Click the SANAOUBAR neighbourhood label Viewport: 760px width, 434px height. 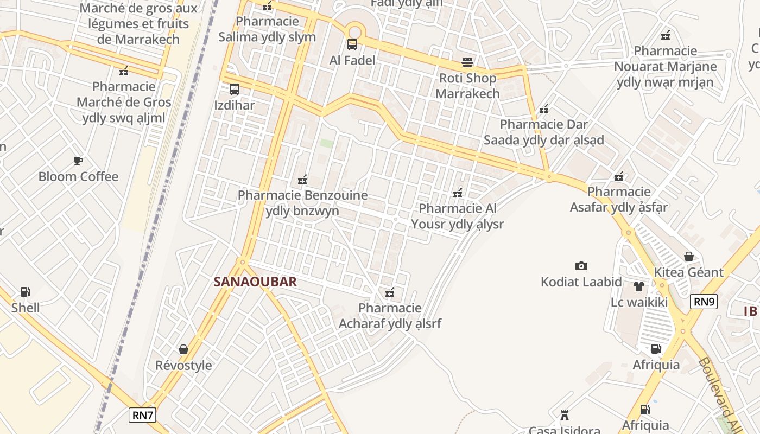255,282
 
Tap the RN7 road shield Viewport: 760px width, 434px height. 143,416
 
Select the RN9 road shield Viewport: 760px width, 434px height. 704,302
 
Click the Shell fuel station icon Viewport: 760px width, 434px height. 25,292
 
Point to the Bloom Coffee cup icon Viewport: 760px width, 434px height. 78,161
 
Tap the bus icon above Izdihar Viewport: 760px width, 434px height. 235,90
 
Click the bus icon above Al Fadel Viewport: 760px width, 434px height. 352,44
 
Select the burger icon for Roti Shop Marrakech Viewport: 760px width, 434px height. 467,62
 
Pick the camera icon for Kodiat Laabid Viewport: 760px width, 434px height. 581,266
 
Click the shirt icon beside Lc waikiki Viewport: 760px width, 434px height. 638,286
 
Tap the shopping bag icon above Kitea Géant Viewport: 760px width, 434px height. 689,256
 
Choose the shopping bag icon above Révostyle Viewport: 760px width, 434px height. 183,349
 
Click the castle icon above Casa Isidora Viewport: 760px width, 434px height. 565,416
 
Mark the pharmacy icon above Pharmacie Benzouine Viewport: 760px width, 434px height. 302,179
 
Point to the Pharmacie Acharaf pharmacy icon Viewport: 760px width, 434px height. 389,293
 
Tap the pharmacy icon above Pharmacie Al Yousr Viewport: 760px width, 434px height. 458,193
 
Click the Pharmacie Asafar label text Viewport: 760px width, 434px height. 618,199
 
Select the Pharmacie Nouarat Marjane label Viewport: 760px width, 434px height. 665,67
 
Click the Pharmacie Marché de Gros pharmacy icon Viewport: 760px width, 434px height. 124,71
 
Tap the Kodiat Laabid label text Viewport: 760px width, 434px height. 581,282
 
